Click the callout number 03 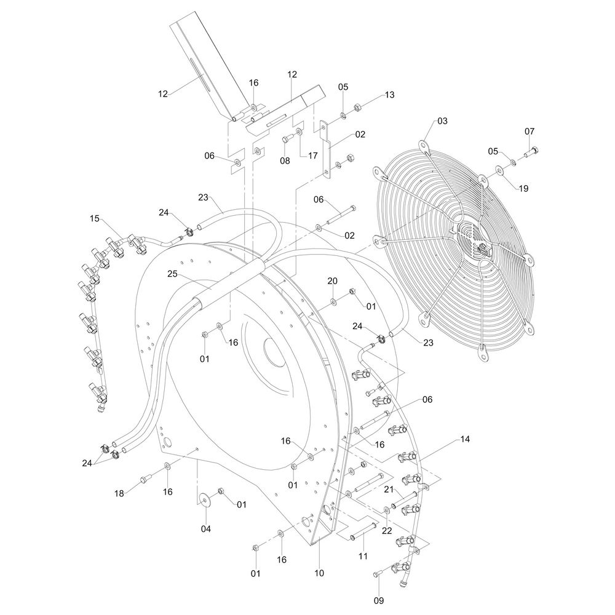[442, 121]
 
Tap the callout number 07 [530, 132]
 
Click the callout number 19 [523, 189]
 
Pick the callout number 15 [95, 218]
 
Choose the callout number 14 [465, 439]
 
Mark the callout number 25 [173, 274]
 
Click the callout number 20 [332, 281]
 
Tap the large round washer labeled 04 [204, 499]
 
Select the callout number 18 [119, 493]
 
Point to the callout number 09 [378, 600]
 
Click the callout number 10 [319, 573]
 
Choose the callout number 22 [387, 531]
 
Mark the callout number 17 [312, 156]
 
